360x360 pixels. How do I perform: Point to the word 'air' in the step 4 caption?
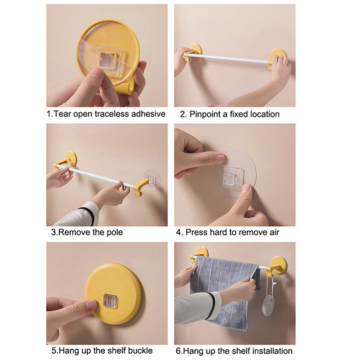coord(274,232)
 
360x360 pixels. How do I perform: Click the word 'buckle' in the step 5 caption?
coord(140,351)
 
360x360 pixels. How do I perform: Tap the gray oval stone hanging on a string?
coord(268,306)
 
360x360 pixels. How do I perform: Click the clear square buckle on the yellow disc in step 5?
coord(110,301)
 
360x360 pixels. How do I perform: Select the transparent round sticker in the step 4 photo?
coord(234,173)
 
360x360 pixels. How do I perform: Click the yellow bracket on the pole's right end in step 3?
coord(140,186)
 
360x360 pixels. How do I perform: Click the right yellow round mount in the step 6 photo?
coord(279,265)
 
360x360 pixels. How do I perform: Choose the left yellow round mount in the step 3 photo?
coord(71,158)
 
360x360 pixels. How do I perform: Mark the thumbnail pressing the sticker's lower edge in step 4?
coord(246,189)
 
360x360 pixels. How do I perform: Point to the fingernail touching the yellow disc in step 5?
coord(91,305)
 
